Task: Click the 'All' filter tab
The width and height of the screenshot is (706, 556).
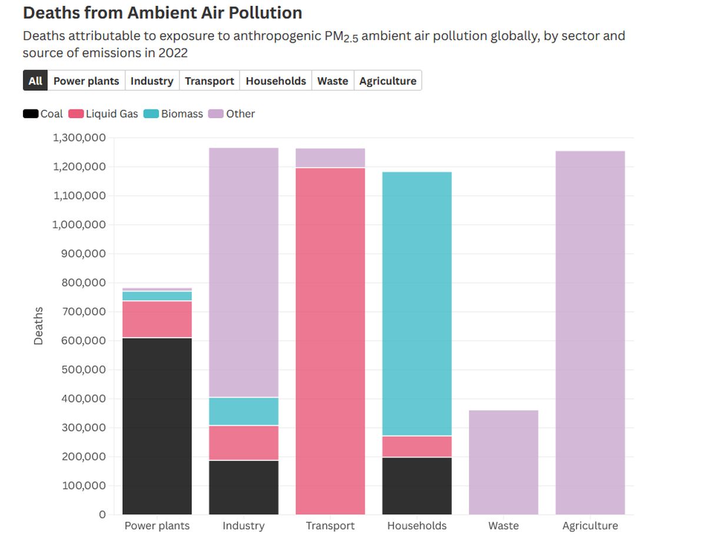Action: tap(35, 81)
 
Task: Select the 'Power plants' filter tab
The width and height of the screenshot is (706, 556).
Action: tap(86, 81)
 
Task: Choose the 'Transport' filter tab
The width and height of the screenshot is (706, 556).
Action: tap(209, 81)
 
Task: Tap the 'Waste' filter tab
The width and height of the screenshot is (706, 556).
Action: tap(332, 81)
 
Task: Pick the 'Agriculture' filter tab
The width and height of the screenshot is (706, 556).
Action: tap(388, 81)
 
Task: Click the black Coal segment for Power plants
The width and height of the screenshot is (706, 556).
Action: tap(157, 426)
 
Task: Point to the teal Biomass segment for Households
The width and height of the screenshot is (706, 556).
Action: tap(417, 304)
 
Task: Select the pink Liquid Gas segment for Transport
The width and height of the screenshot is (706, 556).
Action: tap(330, 341)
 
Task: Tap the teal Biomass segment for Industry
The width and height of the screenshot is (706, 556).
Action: tap(244, 411)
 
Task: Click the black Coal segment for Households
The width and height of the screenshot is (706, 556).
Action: tap(417, 486)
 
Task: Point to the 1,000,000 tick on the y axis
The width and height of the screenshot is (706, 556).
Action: tap(79, 225)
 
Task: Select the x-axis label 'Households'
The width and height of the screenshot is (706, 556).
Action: tap(417, 525)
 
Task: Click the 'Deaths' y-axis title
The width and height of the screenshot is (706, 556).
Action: tap(39, 325)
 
